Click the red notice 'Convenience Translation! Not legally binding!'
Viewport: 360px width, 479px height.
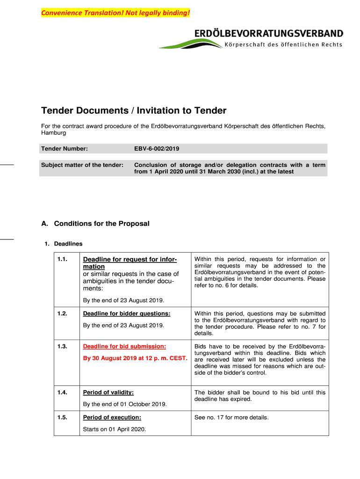click(116, 13)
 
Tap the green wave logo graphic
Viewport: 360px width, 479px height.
click(190, 44)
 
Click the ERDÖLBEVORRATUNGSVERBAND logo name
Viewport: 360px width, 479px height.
click(268, 34)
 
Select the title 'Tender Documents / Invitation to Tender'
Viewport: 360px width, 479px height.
click(134, 111)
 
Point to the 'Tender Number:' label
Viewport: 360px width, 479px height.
click(65, 149)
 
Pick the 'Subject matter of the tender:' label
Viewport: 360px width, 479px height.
click(82, 165)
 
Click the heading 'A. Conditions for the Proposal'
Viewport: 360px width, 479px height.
click(95, 224)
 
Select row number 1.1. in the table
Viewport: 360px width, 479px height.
click(64, 259)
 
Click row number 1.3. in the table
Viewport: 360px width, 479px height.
click(64, 347)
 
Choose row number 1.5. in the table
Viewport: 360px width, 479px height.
click(64, 417)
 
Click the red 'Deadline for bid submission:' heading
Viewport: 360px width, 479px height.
click(124, 347)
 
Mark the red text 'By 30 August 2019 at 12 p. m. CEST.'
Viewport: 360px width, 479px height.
click(135, 359)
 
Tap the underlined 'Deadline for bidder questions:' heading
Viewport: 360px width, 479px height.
click(126, 313)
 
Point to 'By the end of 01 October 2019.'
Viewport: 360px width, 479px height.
click(125, 404)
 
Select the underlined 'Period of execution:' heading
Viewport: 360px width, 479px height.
click(112, 417)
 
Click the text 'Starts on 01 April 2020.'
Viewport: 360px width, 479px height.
click(115, 429)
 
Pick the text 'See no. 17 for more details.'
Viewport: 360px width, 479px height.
click(231, 417)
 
